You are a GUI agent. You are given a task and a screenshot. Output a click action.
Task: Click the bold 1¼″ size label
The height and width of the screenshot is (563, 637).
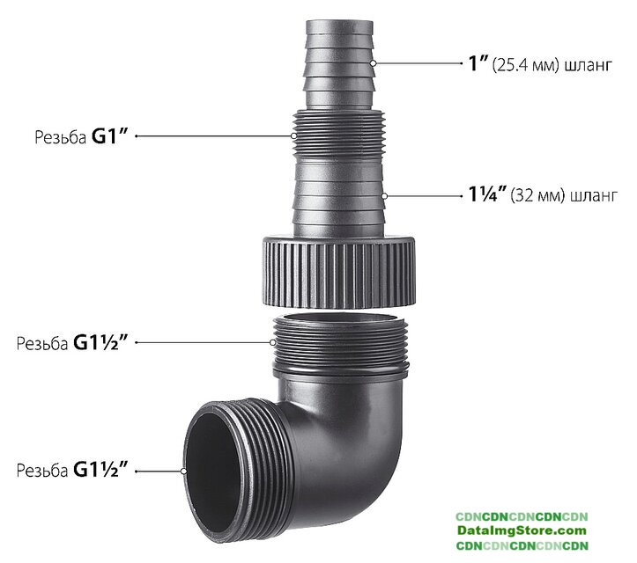pyautogui.click(x=487, y=194)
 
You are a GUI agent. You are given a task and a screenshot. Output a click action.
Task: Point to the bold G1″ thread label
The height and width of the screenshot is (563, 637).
pyautogui.click(x=109, y=136)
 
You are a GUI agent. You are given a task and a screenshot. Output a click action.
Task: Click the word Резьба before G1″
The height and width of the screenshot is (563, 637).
pyautogui.click(x=60, y=137)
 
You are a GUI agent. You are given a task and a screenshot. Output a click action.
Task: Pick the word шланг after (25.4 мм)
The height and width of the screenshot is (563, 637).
pyautogui.click(x=588, y=65)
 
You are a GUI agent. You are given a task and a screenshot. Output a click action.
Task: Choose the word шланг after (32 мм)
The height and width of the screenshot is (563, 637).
pyautogui.click(x=594, y=196)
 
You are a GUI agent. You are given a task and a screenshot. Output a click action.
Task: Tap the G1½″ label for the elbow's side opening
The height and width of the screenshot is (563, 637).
pyautogui.click(x=100, y=470)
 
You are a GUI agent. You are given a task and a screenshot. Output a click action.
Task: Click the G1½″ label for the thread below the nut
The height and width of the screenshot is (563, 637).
pyautogui.click(x=100, y=343)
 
